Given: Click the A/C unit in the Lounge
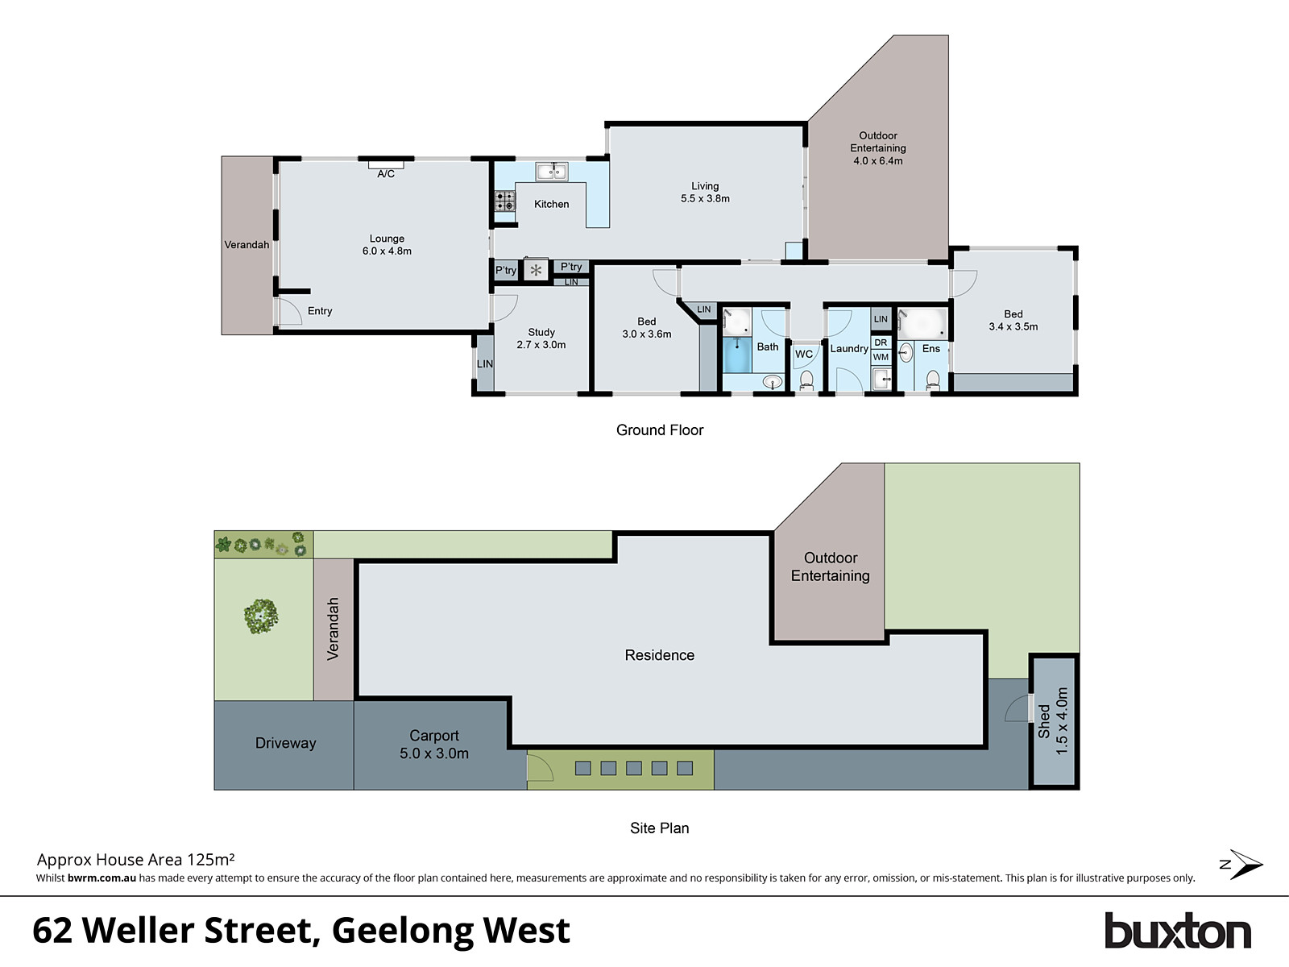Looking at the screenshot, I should coord(386,165).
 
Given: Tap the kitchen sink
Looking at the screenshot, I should coord(552,171).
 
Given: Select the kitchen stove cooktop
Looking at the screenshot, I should coord(505,201).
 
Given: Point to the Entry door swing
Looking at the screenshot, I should coord(288,311).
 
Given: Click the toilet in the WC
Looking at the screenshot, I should coord(806,379).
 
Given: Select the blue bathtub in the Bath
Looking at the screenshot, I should coord(737,355).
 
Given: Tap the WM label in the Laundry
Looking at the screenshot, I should coord(881,357).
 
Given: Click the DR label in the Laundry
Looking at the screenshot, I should coord(881,342).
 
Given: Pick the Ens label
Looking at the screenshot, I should coord(931,348).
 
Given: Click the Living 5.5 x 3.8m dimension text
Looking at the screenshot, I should coord(705,198).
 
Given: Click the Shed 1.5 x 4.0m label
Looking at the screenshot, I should coord(1053,721).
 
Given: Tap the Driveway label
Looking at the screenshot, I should coord(285,743).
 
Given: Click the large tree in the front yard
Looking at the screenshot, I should coord(261,616).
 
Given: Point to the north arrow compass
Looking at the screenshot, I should coord(1242,865).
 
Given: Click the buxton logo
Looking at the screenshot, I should coord(1177,932).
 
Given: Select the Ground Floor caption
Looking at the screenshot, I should coord(660,430).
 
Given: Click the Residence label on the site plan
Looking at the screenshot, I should coord(659,655).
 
